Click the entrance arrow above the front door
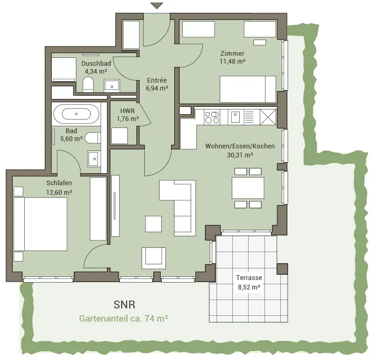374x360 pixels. (156, 6)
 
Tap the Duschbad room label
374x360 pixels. (96, 63)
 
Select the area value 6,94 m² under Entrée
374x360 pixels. (157, 88)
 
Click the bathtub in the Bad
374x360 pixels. (76, 114)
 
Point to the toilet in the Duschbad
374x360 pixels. (88, 84)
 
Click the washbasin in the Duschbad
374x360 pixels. (112, 86)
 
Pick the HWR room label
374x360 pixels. (127, 111)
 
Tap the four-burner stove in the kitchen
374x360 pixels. (212, 117)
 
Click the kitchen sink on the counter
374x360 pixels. (235, 117)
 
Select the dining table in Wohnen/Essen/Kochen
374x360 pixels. (248, 188)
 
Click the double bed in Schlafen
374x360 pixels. (41, 224)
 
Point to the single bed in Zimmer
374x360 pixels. (248, 89)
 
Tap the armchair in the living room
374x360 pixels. (154, 258)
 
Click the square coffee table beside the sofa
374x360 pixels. (154, 224)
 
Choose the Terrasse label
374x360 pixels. (249, 278)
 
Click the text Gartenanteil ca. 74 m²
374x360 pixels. (124, 318)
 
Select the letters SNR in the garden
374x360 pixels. (124, 305)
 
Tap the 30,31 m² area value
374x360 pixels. (240, 155)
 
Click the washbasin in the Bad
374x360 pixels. (94, 158)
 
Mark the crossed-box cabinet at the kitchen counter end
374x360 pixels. (268, 117)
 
